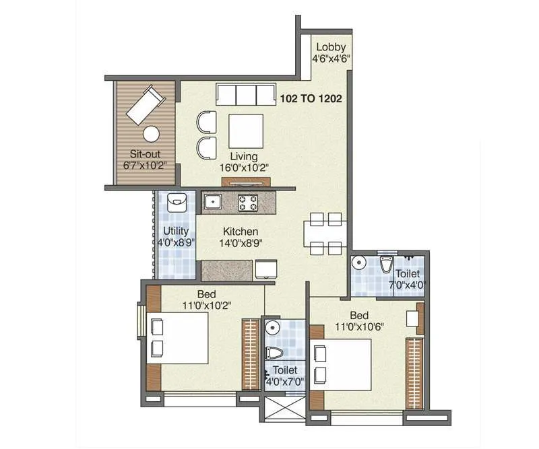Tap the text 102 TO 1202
[311, 98]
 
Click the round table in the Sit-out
[152, 134]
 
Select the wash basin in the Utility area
[177, 201]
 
